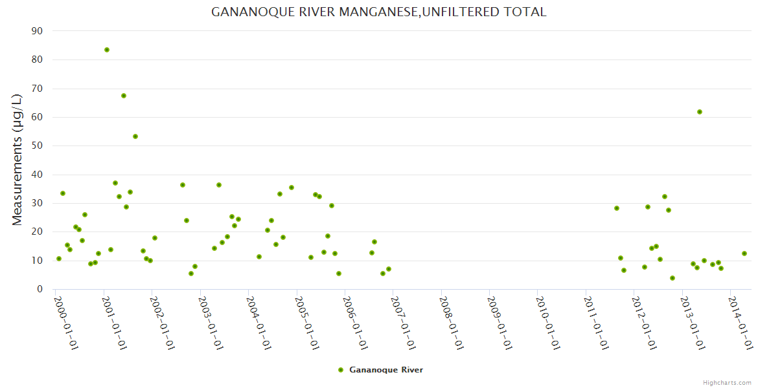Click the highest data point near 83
tap(107, 50)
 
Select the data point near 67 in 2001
tap(124, 96)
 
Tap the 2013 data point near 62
tap(700, 112)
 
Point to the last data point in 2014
tap(744, 253)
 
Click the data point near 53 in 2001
tap(135, 136)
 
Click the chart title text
tap(378, 12)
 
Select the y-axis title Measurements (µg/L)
tap(17, 160)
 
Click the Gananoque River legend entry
tap(386, 370)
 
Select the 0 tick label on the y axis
tap(40, 289)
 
